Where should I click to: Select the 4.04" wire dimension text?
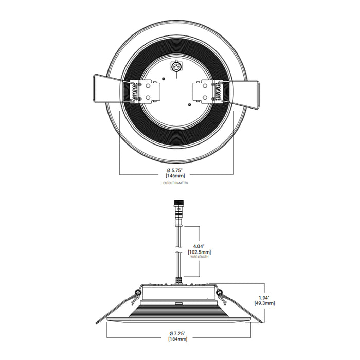click(x=197, y=246)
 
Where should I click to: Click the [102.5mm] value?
click(x=197, y=252)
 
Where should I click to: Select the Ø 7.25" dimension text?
click(x=176, y=334)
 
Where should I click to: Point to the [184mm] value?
click(x=176, y=339)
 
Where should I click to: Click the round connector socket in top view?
click(x=176, y=66)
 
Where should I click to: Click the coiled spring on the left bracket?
click(x=136, y=91)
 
